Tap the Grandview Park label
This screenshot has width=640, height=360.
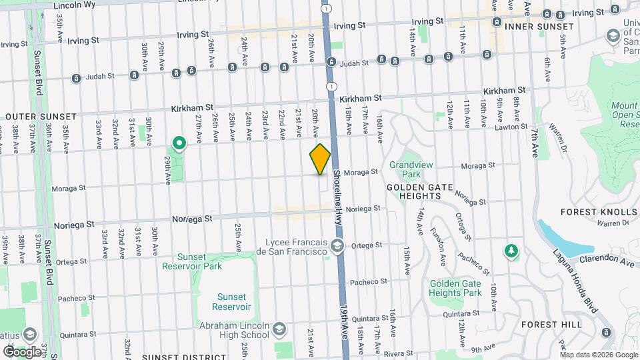(405, 169)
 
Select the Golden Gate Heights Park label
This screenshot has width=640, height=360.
(455, 288)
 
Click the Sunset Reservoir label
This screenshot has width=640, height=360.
(231, 302)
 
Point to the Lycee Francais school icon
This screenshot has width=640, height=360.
(337, 246)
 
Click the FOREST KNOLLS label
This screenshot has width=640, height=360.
(599, 212)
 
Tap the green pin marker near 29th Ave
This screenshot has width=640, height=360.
(179, 143)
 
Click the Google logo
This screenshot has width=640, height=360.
(22, 351)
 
